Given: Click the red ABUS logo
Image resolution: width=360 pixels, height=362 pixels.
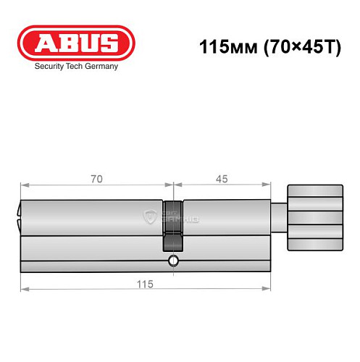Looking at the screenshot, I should (x=76, y=42).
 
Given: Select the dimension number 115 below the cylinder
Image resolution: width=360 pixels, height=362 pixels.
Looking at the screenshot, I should (x=146, y=285).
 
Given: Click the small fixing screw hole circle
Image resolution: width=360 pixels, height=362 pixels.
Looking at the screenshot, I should (x=173, y=260).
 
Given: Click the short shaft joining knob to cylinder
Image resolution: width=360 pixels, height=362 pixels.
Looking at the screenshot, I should (x=280, y=216).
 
